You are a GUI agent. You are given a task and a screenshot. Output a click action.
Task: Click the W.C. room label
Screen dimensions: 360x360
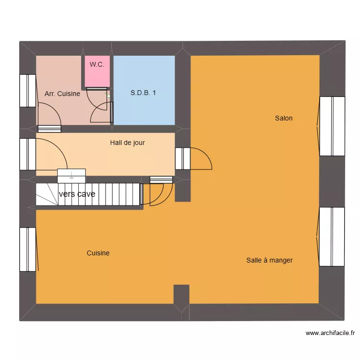pyautogui.click(x=97, y=64)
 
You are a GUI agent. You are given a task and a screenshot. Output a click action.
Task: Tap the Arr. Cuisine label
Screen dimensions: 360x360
pyautogui.click(x=62, y=94)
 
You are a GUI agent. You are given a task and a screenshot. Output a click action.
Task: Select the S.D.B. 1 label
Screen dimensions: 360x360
pyautogui.click(x=143, y=93)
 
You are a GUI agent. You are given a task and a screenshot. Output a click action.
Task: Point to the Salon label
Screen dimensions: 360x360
pyautogui.click(x=284, y=118)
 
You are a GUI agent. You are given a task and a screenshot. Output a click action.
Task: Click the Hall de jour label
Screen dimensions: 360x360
pyautogui.click(x=127, y=143)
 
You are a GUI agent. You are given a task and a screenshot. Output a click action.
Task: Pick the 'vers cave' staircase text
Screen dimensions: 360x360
pyautogui.click(x=77, y=194)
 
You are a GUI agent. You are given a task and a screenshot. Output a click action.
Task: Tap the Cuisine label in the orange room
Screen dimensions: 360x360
pyautogui.click(x=98, y=253)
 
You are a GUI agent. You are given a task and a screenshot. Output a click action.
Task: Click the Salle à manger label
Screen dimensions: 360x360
pyautogui.click(x=269, y=260)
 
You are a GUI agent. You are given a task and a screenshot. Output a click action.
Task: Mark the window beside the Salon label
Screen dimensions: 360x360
pyautogui.click(x=332, y=126)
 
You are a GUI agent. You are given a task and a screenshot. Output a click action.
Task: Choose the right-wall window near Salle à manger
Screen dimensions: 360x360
pyautogui.click(x=332, y=236)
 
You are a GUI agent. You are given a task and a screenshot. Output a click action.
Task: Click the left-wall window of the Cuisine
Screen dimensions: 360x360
pyautogui.click(x=28, y=249)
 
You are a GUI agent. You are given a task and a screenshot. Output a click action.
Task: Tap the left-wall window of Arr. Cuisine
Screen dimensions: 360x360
pyautogui.click(x=28, y=90)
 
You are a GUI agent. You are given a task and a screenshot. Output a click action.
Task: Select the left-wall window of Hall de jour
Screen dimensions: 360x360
pyautogui.click(x=28, y=154)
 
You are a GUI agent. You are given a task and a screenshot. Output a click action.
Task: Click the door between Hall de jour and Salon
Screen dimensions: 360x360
pyautogui.click(x=183, y=158)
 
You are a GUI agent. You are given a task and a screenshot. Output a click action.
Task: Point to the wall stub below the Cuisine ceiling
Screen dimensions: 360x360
pyautogui.click(x=181, y=294)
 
